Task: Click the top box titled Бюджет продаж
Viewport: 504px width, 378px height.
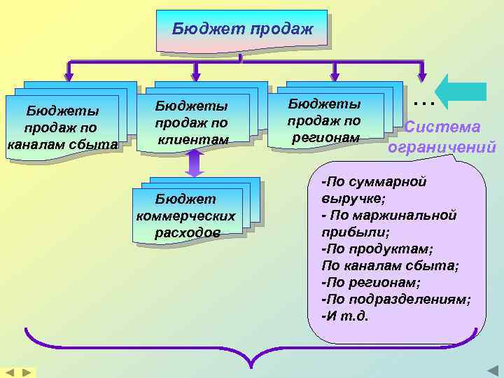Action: [241, 30]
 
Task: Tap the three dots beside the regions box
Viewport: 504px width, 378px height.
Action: [424, 104]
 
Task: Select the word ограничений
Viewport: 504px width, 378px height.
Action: [442, 147]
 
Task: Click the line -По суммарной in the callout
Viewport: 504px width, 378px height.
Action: [373, 182]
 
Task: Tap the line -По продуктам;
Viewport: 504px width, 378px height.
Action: [377, 248]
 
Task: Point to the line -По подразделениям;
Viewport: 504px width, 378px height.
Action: [395, 299]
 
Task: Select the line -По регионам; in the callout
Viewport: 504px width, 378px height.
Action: [369, 282]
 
